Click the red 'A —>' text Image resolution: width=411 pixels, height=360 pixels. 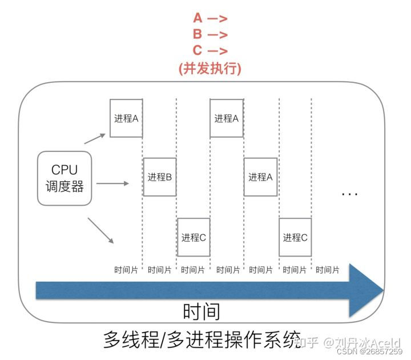pyautogui.click(x=210, y=18)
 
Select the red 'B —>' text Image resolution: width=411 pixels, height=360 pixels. pyautogui.click(x=210, y=34)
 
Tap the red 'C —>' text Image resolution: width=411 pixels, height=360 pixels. pyautogui.click(x=210, y=50)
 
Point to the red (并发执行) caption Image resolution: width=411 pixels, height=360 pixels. pyautogui.click(x=209, y=69)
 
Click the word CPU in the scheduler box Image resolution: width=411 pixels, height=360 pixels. pyautogui.click(x=65, y=170)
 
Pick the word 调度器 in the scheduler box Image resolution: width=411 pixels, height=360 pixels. pyautogui.click(x=65, y=186)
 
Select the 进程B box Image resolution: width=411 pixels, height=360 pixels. pyautogui.click(x=160, y=177)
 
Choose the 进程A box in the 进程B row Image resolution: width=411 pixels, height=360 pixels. pyautogui.click(x=260, y=177)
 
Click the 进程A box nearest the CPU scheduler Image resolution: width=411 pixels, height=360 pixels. pyautogui.click(x=126, y=118)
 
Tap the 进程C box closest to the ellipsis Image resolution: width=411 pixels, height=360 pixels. pyautogui.click(x=295, y=237)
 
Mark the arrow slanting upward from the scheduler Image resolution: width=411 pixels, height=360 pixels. pyautogui.click(x=95, y=139)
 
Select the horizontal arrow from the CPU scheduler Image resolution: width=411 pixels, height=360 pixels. pyautogui.click(x=112, y=183)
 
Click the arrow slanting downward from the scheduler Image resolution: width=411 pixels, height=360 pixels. pyautogui.click(x=100, y=230)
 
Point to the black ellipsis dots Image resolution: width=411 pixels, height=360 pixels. pyautogui.click(x=350, y=194)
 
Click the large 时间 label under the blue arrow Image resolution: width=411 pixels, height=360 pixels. pyautogui.click(x=202, y=311)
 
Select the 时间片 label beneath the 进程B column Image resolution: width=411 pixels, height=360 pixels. pyautogui.click(x=159, y=270)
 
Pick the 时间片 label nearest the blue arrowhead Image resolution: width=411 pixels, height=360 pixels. pyautogui.click(x=328, y=270)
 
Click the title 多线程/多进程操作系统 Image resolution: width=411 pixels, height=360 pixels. pyautogui.click(x=202, y=339)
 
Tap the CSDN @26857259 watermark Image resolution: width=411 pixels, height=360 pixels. pyautogui.click(x=369, y=351)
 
